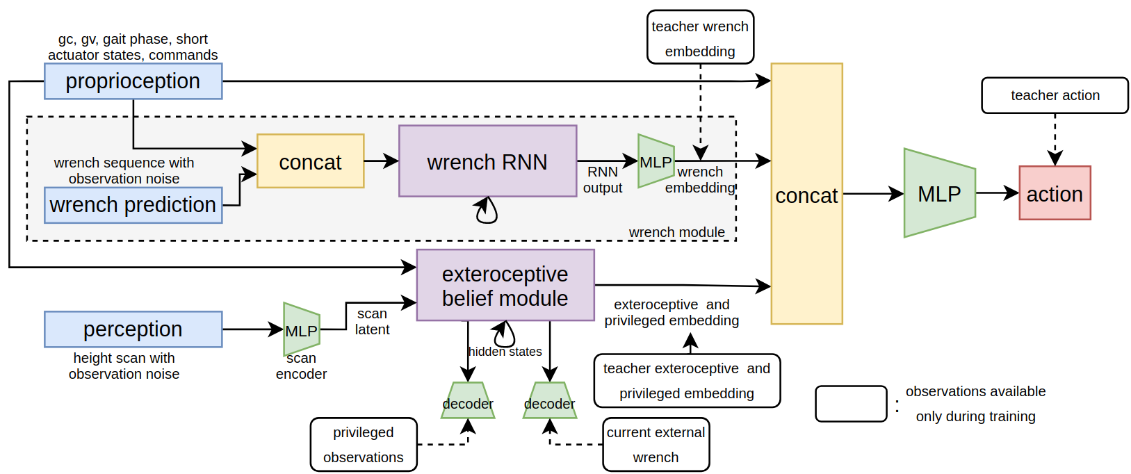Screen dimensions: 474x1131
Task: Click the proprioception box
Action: pyautogui.click(x=133, y=81)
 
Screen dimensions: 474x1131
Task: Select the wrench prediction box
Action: pyautogui.click(x=133, y=205)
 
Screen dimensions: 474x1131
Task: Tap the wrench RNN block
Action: pyautogui.click(x=487, y=161)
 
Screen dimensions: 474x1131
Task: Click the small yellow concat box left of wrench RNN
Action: pyautogui.click(x=310, y=161)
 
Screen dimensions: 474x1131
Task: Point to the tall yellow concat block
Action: pyautogui.click(x=806, y=194)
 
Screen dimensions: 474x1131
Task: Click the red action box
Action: pyautogui.click(x=1054, y=193)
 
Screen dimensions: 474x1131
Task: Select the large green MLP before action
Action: pyautogui.click(x=938, y=193)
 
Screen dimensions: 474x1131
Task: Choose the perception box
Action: pyautogui.click(x=133, y=329)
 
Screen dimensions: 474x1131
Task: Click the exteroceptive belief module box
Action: pyautogui.click(x=505, y=285)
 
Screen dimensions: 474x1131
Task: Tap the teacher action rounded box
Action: pyautogui.click(x=1054, y=95)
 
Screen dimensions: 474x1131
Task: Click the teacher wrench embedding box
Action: pyautogui.click(x=699, y=38)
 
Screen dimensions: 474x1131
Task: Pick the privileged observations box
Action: pyautogui.click(x=363, y=444)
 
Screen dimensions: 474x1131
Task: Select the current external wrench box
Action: pyautogui.click(x=656, y=444)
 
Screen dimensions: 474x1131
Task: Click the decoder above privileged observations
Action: pyautogui.click(x=467, y=402)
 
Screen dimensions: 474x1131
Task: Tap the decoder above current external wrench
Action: pyautogui.click(x=549, y=402)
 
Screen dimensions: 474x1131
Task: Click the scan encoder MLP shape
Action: pyautogui.click(x=301, y=329)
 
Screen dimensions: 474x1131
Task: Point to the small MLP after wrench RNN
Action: pyautogui.click(x=656, y=161)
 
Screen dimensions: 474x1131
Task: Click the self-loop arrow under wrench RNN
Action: pyautogui.click(x=487, y=211)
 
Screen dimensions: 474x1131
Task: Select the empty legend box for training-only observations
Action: pyautogui.click(x=850, y=404)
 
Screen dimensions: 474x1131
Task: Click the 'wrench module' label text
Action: pyautogui.click(x=676, y=232)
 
